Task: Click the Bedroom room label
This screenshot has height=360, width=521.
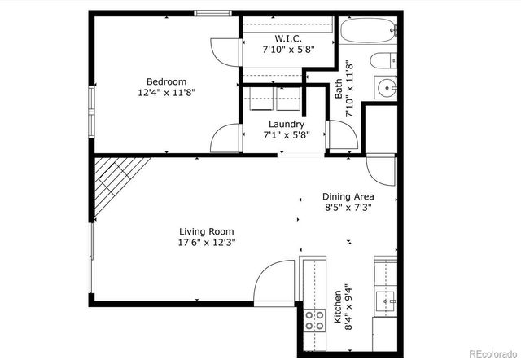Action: pos(166,81)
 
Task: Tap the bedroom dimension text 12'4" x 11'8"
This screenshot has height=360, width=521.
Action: pos(166,94)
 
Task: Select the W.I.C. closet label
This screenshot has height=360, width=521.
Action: pos(288,37)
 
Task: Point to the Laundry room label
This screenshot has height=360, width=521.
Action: pos(287,124)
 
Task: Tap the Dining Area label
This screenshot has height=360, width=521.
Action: pos(349,196)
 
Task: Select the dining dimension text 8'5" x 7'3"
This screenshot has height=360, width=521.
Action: pos(349,209)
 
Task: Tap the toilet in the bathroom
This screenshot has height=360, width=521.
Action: pos(383,61)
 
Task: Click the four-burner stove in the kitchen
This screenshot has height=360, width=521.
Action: pos(313,322)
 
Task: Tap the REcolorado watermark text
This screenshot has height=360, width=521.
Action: pos(487,352)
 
